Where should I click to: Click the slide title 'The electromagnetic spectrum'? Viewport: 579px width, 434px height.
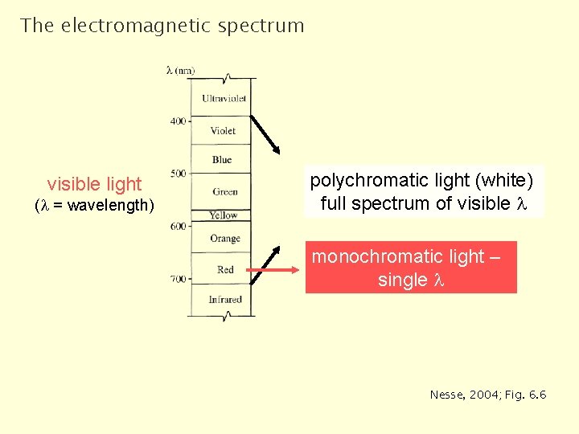point(162,26)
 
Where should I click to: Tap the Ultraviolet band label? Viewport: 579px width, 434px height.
point(224,99)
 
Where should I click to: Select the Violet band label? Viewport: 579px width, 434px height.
point(224,130)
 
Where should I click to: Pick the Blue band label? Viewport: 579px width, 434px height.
point(222,160)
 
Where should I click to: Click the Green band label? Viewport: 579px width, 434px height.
point(225,191)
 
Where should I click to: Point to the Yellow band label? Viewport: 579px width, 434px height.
point(224,215)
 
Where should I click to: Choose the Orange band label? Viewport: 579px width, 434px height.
point(225,239)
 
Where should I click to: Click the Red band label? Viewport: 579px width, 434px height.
point(225,270)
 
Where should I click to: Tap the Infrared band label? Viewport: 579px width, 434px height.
point(225,300)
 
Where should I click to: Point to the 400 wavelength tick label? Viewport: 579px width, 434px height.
point(178,121)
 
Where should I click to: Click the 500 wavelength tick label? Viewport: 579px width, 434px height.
point(178,174)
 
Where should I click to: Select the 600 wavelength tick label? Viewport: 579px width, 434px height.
point(178,227)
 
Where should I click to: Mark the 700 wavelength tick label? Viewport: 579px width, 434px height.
point(178,279)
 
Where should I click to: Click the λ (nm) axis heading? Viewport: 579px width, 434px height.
point(180,71)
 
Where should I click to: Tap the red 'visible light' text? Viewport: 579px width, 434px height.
point(94,184)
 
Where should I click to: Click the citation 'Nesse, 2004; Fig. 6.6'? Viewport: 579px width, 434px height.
point(488,395)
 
